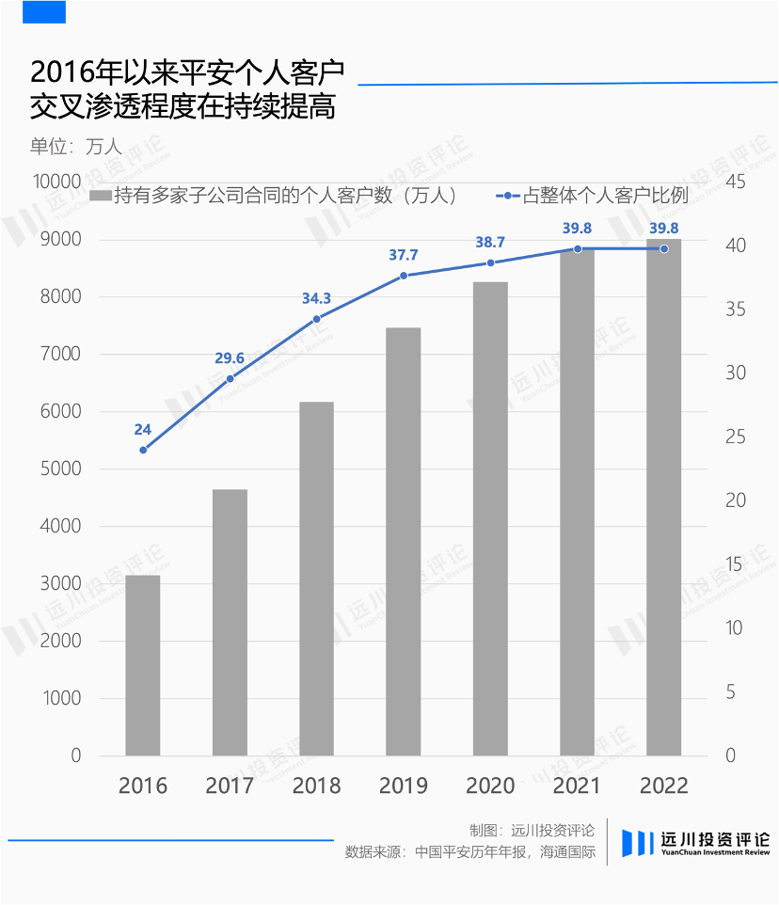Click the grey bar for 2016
[142, 665]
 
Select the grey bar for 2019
[404, 541]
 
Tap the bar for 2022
[663, 497]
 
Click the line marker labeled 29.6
[231, 378]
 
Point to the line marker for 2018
[317, 319]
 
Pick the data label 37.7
[404, 255]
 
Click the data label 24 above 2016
[142, 429]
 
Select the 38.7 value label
[490, 242]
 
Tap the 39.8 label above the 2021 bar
[577, 228]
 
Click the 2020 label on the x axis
[490, 786]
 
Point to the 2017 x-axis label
[230, 786]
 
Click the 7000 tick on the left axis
[60, 353]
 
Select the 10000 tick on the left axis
[57, 182]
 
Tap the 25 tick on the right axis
[736, 437]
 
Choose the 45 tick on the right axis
[736, 182]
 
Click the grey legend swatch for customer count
[101, 196]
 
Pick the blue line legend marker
[508, 196]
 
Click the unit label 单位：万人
[75, 147]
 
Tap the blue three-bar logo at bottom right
[638, 843]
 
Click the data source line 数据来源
[469, 852]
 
